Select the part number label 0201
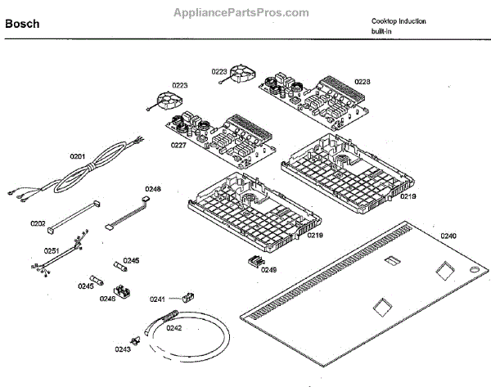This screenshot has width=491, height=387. click(x=78, y=155)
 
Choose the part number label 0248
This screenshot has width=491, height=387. click(x=153, y=189)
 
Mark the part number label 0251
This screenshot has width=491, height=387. click(x=52, y=250)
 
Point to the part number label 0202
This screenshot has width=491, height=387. click(x=38, y=223)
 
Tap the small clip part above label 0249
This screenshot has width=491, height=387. click(x=254, y=259)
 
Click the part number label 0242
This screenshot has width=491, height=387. click(x=173, y=328)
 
